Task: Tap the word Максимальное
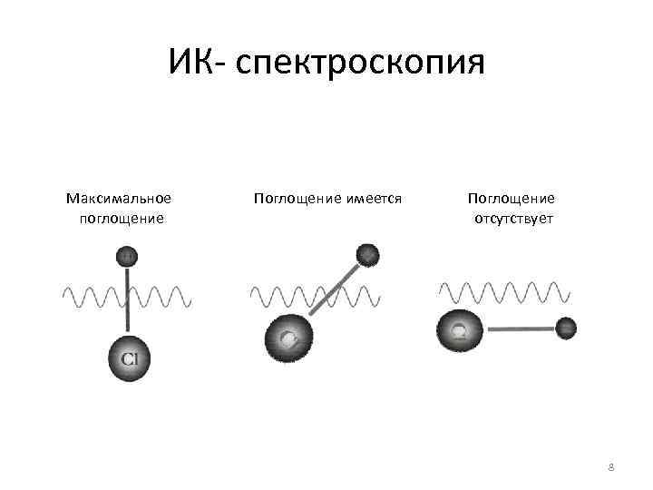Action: pyautogui.click(x=119, y=198)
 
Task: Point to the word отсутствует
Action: pyautogui.click(x=513, y=219)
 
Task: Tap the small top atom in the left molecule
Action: pyautogui.click(x=128, y=256)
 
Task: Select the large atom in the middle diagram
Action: pyautogui.click(x=288, y=338)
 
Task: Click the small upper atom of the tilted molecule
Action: pyautogui.click(x=366, y=254)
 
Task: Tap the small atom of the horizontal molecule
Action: pyautogui.click(x=566, y=328)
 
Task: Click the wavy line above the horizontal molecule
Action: pyautogui.click(x=504, y=290)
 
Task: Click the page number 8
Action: pyautogui.click(x=610, y=467)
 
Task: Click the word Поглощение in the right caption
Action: pyautogui.click(x=512, y=198)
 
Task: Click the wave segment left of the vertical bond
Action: pyautogui.click(x=91, y=296)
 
